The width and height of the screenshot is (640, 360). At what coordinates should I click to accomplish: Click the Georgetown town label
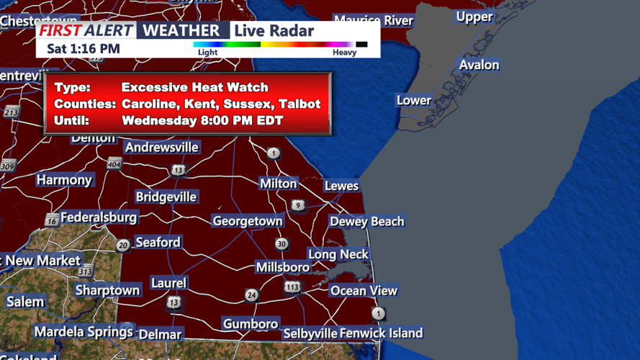point(247,221)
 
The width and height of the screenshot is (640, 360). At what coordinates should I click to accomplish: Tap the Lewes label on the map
point(341,186)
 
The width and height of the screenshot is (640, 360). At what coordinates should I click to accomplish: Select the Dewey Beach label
point(366,222)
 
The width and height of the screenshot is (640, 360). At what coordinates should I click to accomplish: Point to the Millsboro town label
point(283,267)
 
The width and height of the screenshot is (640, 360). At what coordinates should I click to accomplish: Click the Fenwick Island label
point(381,333)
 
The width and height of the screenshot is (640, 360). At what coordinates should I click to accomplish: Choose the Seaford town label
point(158,242)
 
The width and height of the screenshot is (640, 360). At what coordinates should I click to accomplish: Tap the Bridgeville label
point(166,197)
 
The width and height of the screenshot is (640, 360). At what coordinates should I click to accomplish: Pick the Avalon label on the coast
point(479,65)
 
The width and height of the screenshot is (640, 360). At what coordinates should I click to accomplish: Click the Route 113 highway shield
point(292,287)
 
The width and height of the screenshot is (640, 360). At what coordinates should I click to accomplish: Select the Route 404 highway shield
point(114,164)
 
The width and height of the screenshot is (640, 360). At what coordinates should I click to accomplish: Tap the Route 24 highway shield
point(251,295)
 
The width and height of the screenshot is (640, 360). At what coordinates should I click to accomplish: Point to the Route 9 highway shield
point(297,206)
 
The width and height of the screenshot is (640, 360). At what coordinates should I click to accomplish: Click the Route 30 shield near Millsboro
point(281,244)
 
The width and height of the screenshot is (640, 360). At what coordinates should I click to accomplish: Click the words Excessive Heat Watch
point(194,87)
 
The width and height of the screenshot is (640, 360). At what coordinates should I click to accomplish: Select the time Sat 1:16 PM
point(84,49)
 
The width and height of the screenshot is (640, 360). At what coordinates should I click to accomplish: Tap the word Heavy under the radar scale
point(344,53)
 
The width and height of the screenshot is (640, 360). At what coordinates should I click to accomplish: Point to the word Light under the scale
point(207,53)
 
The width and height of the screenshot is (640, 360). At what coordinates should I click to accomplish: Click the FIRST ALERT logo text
point(86,30)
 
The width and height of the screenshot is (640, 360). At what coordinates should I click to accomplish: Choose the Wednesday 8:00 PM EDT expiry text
point(202,120)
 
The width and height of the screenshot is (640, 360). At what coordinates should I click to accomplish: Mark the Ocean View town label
point(364,291)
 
